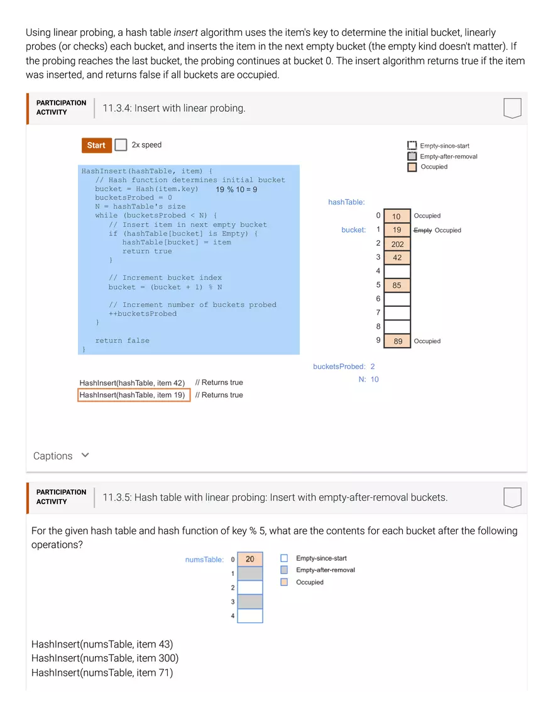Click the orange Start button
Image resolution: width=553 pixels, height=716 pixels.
(x=96, y=145)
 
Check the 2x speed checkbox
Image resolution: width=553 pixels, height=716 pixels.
(x=121, y=145)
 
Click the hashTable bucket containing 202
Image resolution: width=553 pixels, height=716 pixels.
(x=397, y=244)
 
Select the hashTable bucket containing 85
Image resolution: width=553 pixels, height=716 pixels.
(x=397, y=285)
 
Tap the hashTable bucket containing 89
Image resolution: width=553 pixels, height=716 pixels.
(x=397, y=341)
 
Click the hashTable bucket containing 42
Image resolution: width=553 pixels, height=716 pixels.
(x=397, y=258)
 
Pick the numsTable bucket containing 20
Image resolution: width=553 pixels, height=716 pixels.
(x=250, y=559)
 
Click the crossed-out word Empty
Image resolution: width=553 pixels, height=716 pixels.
(x=423, y=231)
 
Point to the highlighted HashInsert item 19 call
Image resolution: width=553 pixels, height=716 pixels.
(x=133, y=395)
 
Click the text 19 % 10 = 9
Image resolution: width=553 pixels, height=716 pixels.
(x=236, y=189)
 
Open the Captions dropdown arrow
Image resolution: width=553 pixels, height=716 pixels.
(x=85, y=455)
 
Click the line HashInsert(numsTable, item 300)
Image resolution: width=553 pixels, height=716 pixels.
(x=105, y=658)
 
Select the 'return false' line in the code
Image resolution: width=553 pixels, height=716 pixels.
(x=123, y=341)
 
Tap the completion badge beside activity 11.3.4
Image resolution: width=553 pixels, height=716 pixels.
(x=512, y=108)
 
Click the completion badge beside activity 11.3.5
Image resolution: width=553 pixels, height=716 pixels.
(x=512, y=497)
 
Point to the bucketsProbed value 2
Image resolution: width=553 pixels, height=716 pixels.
(x=373, y=366)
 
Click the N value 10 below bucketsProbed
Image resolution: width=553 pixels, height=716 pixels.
(x=375, y=380)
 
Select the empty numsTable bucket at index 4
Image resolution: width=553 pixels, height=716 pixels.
(x=250, y=616)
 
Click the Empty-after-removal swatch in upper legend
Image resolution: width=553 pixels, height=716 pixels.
(x=412, y=157)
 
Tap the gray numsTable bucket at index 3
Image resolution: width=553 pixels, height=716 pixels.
(x=250, y=602)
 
